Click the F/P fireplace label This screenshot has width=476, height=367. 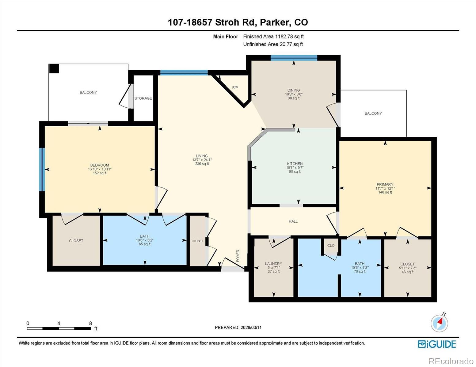235,88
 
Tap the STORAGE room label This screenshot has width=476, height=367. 143,98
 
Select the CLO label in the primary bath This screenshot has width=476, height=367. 331,245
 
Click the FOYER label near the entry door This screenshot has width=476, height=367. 238,256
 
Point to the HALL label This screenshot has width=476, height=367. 293,221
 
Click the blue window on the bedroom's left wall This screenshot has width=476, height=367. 42,169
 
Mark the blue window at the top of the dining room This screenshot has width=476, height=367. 294,58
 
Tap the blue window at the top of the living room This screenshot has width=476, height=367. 184,72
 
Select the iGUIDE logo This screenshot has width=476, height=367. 437,344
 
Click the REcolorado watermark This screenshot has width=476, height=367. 451,361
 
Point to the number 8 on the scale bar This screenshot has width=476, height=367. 90,323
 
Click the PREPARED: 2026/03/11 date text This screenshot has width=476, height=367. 238,327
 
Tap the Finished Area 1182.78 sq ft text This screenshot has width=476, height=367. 273,36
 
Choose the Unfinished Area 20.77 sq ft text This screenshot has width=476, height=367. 273,44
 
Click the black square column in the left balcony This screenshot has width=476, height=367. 54,69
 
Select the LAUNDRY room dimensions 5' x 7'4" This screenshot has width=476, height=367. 273,268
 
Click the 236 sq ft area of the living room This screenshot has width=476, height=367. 202,164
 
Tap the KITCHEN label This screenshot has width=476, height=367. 295,164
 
